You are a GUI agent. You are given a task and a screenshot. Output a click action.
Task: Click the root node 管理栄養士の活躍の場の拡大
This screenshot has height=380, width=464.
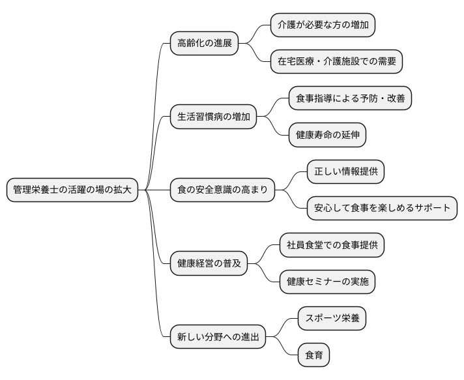pos(72,190)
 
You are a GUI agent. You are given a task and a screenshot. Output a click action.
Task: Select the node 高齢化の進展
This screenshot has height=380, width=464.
pos(204,44)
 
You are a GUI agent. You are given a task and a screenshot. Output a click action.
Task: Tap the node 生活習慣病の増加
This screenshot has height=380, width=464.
pos(212,117)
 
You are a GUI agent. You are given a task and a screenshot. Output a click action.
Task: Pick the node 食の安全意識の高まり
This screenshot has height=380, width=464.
pos(222,190)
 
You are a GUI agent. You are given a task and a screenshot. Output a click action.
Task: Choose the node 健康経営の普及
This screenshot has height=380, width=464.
pos(209,264)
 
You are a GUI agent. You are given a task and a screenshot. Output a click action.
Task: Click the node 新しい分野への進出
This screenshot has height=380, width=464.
pos(218,338)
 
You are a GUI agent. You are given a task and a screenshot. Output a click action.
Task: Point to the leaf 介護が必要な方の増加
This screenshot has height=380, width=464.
pos(323,25)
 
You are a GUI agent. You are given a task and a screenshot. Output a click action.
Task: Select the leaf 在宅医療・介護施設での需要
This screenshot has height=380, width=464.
pos(337,62)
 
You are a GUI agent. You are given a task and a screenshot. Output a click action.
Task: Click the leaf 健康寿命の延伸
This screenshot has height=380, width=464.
pos(327,136)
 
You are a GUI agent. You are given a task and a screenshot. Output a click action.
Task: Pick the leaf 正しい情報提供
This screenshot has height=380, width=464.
pos(346,172)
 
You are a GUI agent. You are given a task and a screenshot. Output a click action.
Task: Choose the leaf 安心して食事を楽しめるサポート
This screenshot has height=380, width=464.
pos(382,209)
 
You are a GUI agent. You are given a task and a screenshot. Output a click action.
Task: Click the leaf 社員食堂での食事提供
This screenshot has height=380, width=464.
pos(332,246)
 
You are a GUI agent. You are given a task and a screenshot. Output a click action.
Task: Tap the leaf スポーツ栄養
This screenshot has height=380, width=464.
pos(332,319)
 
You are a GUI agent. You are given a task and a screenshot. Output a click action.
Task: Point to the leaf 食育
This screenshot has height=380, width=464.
pos(313,356)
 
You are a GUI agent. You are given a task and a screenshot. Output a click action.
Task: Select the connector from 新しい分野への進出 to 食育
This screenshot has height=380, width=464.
pos(284,349)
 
